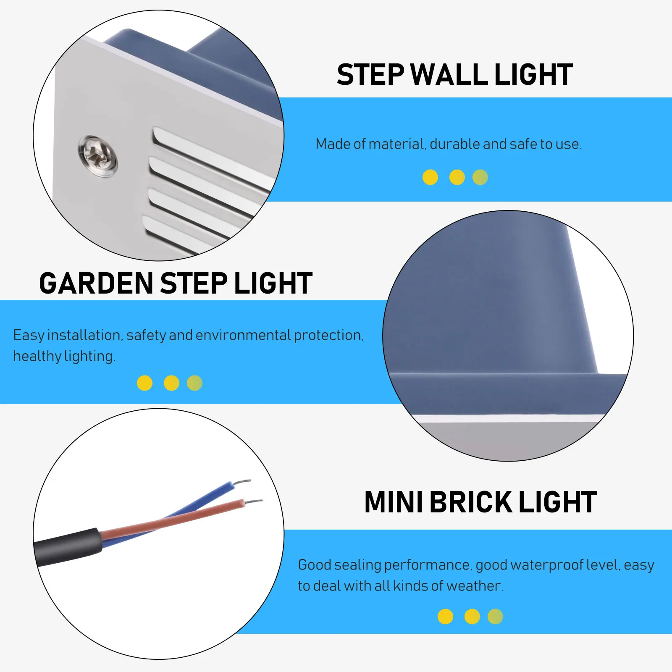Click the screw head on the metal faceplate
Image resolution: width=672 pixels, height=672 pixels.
(x=98, y=156)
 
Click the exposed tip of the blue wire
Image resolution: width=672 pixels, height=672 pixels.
(x=244, y=482)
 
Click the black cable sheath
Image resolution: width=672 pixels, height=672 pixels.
(x=67, y=546)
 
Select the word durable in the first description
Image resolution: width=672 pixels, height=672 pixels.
(x=455, y=144)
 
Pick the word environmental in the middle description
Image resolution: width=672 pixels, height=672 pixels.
(x=243, y=335)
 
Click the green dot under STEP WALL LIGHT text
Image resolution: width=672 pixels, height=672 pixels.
(x=480, y=177)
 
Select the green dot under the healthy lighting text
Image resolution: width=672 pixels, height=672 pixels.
(x=194, y=383)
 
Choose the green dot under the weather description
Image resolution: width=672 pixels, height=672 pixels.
(x=495, y=617)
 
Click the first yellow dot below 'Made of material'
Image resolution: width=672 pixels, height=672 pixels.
(x=430, y=177)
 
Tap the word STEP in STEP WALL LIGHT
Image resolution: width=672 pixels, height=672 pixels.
(x=370, y=75)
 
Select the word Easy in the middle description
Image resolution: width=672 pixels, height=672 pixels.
(x=29, y=335)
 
